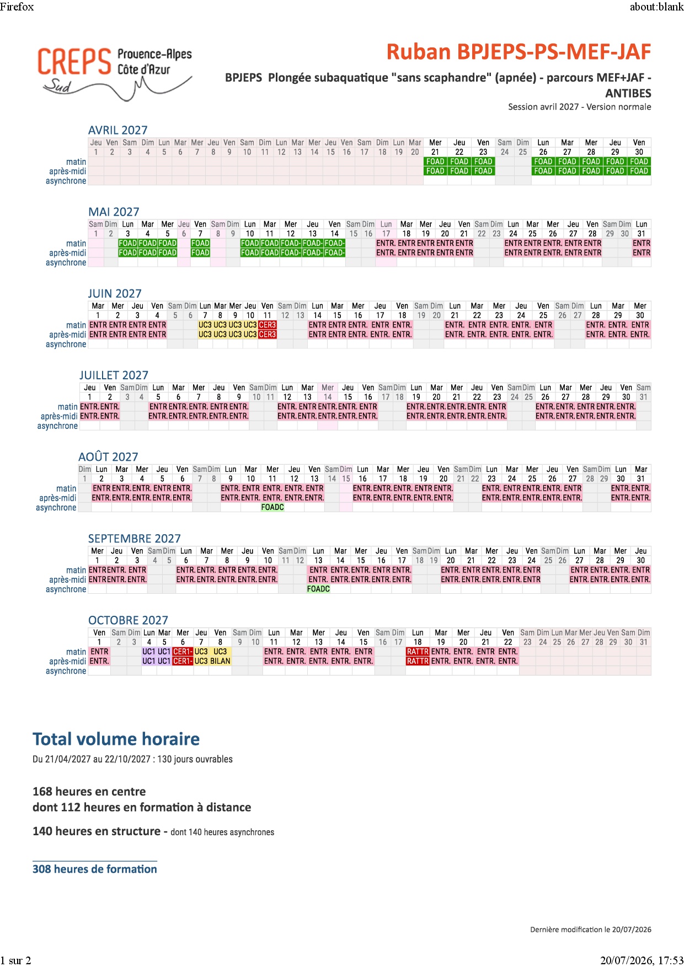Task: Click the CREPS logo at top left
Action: click(115, 74)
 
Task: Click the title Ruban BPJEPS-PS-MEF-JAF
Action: click(519, 52)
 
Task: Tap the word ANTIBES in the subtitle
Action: click(628, 93)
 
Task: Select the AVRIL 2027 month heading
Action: click(118, 130)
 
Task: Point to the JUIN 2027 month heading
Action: click(115, 293)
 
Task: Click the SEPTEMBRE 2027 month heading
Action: click(135, 538)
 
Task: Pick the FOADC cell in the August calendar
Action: click(272, 507)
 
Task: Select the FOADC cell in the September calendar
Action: click(318, 589)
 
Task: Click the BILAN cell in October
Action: click(220, 661)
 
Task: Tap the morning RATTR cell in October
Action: click(418, 652)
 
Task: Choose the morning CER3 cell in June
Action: click(267, 325)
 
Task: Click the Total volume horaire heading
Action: click(116, 739)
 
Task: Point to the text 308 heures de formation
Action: click(95, 869)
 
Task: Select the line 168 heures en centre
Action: click(89, 791)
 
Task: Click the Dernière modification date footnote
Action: click(591, 930)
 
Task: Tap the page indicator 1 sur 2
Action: click(15, 960)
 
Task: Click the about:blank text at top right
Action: click(656, 7)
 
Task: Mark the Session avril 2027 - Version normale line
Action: click(580, 107)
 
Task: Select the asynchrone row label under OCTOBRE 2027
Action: click(66, 671)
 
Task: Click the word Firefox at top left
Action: click(17, 7)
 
